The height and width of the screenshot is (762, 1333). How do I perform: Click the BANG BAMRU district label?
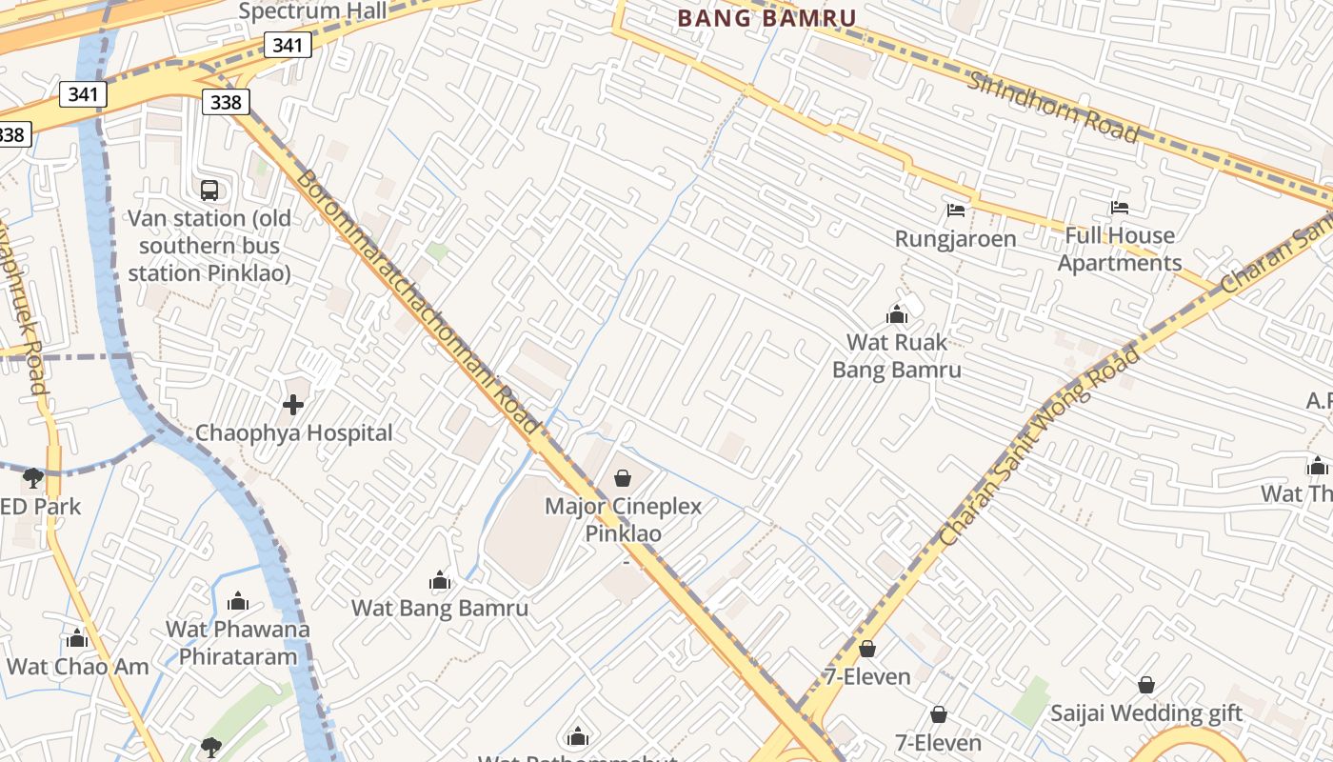click(x=766, y=17)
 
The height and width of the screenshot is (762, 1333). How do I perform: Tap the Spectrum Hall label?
click(x=312, y=10)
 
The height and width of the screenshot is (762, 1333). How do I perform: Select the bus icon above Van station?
click(x=209, y=190)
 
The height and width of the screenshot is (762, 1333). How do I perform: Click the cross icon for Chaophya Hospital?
click(x=293, y=405)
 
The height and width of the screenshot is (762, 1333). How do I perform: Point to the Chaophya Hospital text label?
click(x=293, y=432)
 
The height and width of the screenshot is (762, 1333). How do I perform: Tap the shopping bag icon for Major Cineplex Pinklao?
click(x=623, y=477)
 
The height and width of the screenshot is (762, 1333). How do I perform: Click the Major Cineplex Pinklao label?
click(x=623, y=519)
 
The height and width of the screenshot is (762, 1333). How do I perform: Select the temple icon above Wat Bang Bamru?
click(x=440, y=580)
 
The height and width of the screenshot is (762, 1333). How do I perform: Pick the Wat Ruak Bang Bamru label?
click(x=896, y=355)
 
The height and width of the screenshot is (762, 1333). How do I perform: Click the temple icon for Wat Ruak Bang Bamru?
click(x=896, y=314)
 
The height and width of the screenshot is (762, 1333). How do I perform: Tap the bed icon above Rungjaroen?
click(x=956, y=210)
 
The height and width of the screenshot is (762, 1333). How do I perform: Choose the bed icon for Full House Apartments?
click(x=1120, y=208)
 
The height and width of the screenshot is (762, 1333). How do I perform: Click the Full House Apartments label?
click(x=1120, y=249)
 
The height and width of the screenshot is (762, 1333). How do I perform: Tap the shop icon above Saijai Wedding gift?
click(x=1146, y=685)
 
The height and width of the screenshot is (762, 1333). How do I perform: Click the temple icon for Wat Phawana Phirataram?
click(x=239, y=601)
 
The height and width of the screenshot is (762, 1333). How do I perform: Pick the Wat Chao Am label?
click(x=78, y=666)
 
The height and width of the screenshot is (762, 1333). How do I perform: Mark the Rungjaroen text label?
click(x=955, y=238)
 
